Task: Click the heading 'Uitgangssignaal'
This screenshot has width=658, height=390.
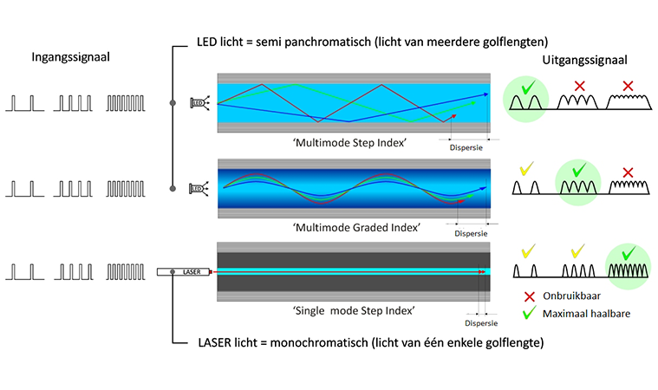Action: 579,61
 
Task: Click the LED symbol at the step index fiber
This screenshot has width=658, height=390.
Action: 198,103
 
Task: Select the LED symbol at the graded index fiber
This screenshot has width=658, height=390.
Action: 198,188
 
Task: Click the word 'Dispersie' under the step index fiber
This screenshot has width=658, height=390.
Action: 465,147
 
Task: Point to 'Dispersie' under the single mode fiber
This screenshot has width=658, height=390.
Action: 481,323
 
